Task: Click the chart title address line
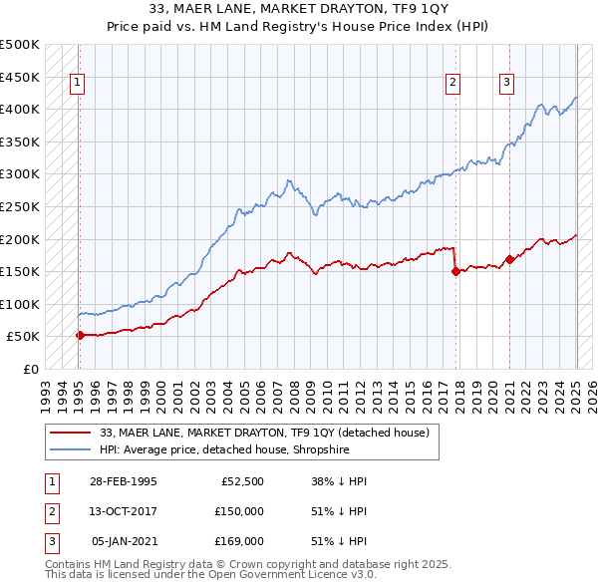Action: pyautogui.click(x=298, y=11)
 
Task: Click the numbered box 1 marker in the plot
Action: pyautogui.click(x=78, y=84)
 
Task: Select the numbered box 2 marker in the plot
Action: pyautogui.click(x=452, y=84)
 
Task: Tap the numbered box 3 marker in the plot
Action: pyautogui.click(x=506, y=84)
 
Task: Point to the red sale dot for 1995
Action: pyautogui.click(x=80, y=335)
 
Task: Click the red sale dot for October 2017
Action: pyautogui.click(x=455, y=271)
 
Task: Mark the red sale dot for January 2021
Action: pyautogui.click(x=509, y=259)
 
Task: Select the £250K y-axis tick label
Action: pyautogui.click(x=20, y=206)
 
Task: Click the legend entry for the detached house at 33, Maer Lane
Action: pyautogui.click(x=264, y=433)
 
